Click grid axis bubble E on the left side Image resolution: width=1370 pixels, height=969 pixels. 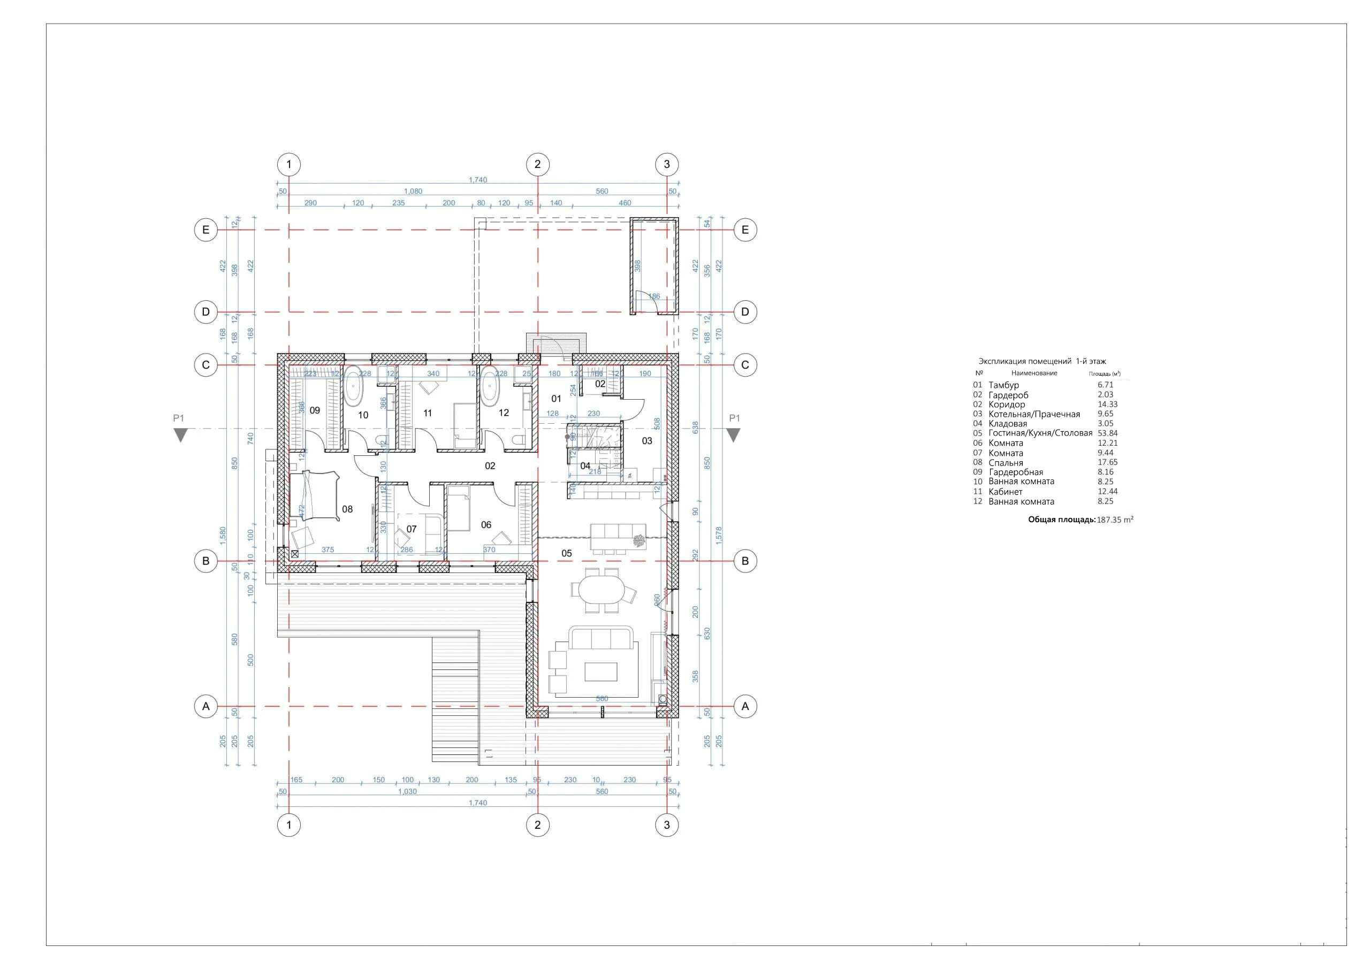pyautogui.click(x=206, y=230)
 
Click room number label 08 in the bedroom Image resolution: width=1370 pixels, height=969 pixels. pyautogui.click(x=347, y=509)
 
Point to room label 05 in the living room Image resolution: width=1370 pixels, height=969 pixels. pyautogui.click(x=566, y=553)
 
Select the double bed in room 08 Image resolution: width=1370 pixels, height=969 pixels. pyautogui.click(x=315, y=496)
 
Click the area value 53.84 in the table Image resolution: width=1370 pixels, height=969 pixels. pyautogui.click(x=1107, y=433)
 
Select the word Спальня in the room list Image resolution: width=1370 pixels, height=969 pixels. pyautogui.click(x=1006, y=462)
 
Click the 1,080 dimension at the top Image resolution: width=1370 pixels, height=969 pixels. pyautogui.click(x=413, y=192)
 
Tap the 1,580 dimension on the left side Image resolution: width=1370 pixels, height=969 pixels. pyautogui.click(x=223, y=533)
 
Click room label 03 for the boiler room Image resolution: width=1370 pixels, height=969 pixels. pyautogui.click(x=647, y=441)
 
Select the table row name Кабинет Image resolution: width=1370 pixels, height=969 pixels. pyautogui.click(x=1006, y=492)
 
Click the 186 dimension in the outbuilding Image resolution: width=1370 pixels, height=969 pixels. pyautogui.click(x=654, y=296)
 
